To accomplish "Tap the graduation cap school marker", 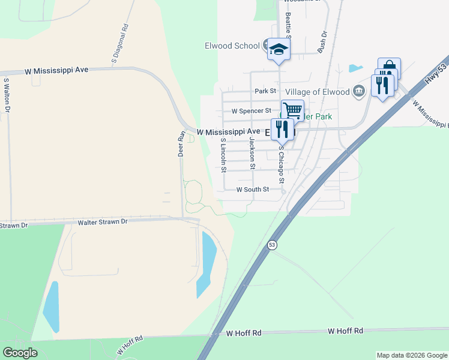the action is [279, 49].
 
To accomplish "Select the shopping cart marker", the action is [292, 111].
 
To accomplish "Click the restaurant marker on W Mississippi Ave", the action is [282, 129].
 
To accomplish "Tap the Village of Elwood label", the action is [317, 92].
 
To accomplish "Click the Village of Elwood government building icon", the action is [359, 91].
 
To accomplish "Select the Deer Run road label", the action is [181, 144].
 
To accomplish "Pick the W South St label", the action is [259, 190].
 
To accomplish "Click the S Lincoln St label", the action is [223, 155].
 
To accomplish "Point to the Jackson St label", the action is [253, 153].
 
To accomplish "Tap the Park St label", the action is [264, 91].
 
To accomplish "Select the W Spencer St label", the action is [252, 111].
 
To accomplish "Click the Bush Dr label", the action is [322, 41].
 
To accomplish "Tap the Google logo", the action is [20, 353].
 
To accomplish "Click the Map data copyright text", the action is [411, 355].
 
